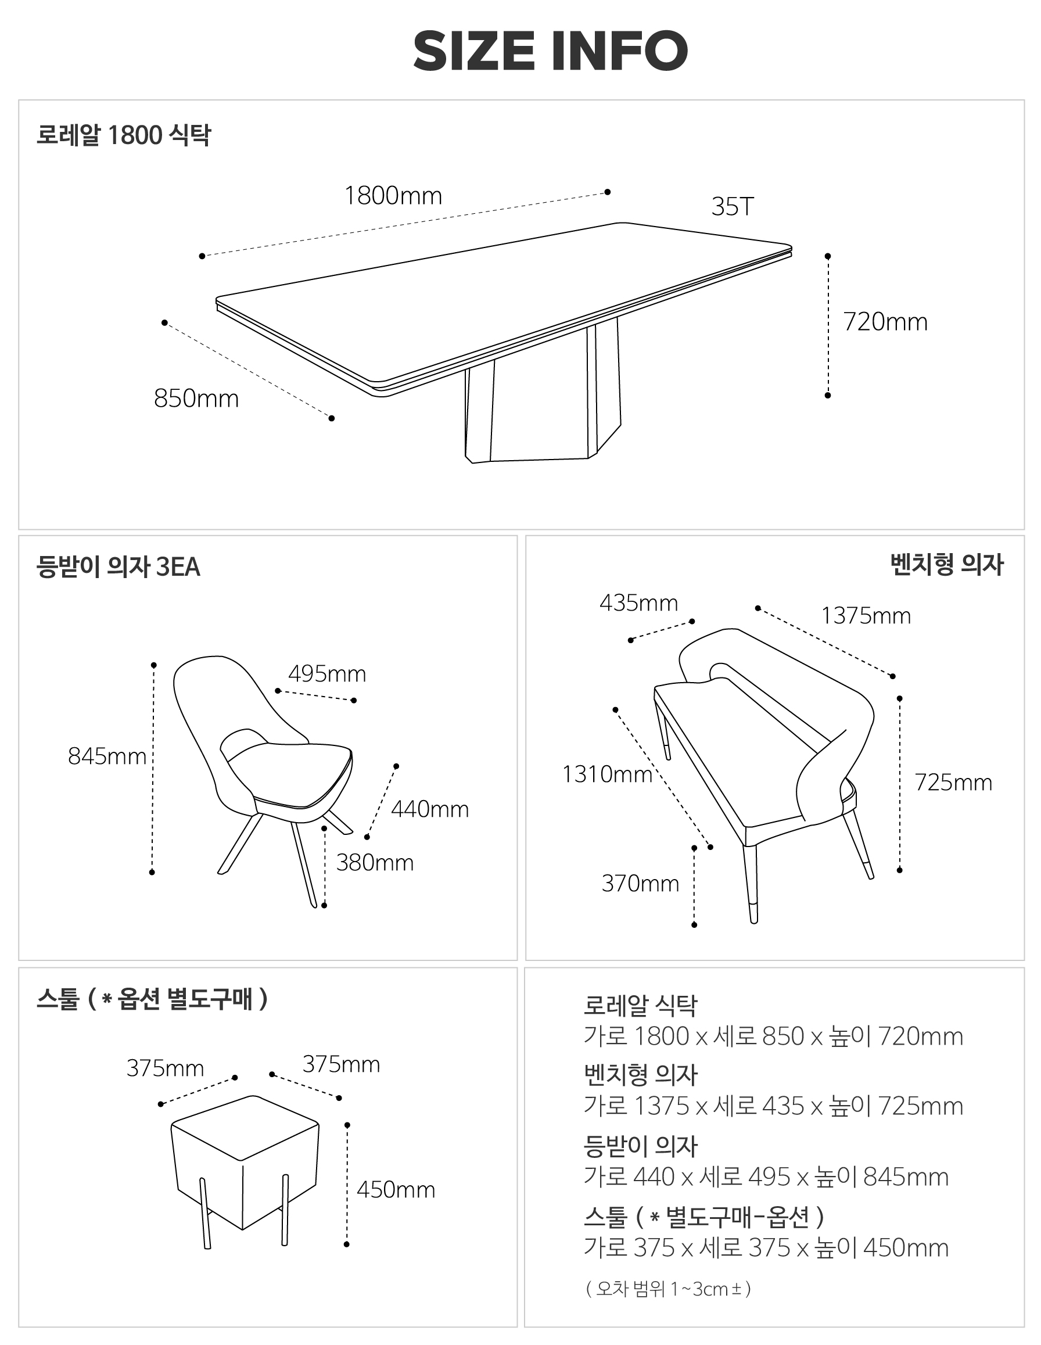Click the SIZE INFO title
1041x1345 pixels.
coord(550,51)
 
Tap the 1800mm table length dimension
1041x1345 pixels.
coord(393,196)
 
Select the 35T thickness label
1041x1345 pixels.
coord(733,207)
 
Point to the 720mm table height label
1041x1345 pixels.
coord(885,322)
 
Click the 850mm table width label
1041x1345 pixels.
coord(196,399)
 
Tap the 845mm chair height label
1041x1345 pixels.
coord(107,756)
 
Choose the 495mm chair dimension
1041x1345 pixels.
coord(327,674)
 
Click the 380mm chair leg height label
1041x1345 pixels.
coord(375,863)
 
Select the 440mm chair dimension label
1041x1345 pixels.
coord(430,809)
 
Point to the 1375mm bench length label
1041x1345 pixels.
coord(866,616)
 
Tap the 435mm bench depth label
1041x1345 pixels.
coord(639,603)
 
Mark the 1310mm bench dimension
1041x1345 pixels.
coord(607,774)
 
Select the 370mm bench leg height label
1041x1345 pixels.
coord(640,884)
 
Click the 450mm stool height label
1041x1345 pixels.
coord(396,1189)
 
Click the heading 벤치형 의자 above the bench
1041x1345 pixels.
coord(947,565)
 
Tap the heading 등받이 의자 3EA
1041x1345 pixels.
coord(118,566)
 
